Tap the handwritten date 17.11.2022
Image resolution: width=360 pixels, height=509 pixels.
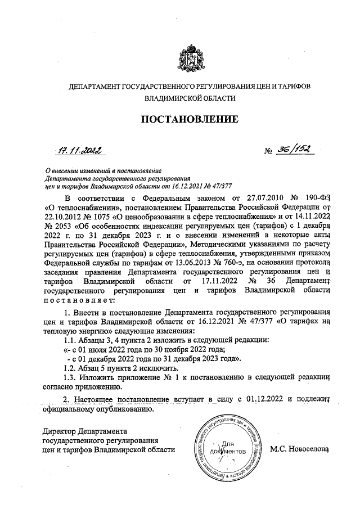coord(78,150)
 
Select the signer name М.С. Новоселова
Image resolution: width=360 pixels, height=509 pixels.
coord(299,449)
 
